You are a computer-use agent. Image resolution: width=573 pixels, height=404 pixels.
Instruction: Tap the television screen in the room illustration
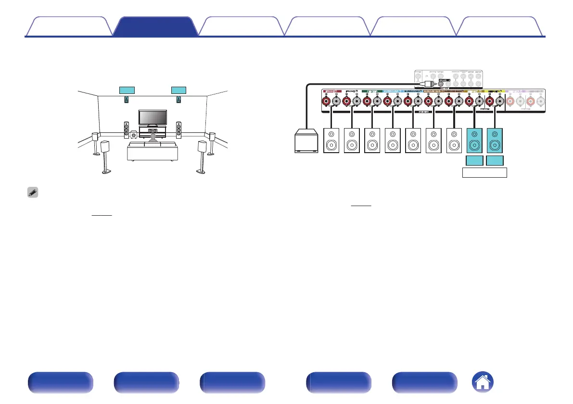click(153, 117)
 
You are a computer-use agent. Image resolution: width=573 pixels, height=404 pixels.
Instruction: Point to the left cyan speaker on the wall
click(127, 100)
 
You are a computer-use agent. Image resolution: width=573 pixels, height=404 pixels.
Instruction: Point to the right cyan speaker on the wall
click(178, 100)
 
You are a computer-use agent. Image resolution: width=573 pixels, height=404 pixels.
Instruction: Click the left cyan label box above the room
click(127, 90)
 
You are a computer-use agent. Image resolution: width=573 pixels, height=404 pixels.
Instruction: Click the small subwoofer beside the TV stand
click(132, 134)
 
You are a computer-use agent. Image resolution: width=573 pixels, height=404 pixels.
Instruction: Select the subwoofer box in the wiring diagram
click(306, 141)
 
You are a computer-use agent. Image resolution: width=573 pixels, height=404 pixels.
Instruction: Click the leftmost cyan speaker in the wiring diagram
click(475, 141)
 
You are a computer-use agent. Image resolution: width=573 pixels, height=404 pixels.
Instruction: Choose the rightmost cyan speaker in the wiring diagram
click(495, 141)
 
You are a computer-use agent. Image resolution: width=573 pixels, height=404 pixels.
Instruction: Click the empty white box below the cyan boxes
click(485, 172)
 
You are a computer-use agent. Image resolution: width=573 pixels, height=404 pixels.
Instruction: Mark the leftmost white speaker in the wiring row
click(332, 141)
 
